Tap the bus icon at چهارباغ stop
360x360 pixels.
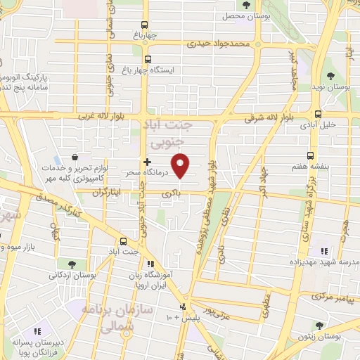pyautogui.click(x=146, y=22)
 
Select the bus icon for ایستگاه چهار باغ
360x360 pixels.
pyautogui.click(x=148, y=60)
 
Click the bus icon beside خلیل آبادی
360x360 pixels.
pyautogui.click(x=318, y=113)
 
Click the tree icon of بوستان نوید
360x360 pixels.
pyautogui.click(x=330, y=75)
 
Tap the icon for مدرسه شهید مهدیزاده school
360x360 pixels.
pyautogui.click(x=324, y=251)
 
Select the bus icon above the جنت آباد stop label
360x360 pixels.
pyautogui.click(x=124, y=240)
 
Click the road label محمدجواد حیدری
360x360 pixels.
pyautogui.click(x=224, y=44)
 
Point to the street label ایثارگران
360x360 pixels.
pyautogui.click(x=105, y=191)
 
